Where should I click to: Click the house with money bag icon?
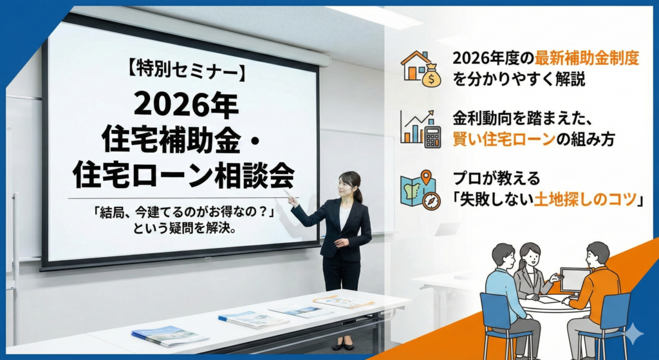tap(421, 69)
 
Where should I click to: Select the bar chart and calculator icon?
tap(420, 129)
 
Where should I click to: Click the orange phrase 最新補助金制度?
tap(587, 59)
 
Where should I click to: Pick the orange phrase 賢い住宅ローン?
tap(504, 139)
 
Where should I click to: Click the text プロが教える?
tap(496, 179)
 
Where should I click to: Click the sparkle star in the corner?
tap(632, 334)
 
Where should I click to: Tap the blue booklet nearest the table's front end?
tap(170, 336)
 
